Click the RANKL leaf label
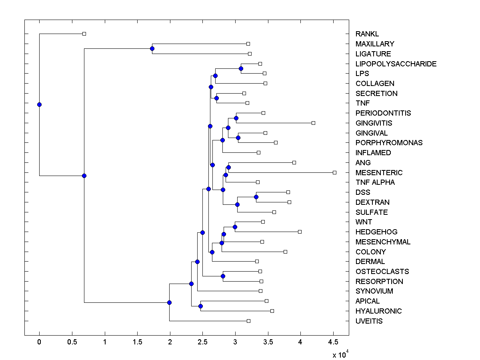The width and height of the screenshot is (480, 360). pyautogui.click(x=367, y=34)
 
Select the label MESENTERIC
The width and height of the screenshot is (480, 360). pyautogui.click(x=379, y=172)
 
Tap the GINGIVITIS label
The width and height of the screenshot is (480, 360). pyautogui.click(x=374, y=123)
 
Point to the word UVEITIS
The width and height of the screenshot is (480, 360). pyautogui.click(x=369, y=321)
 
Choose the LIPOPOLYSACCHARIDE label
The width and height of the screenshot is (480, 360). pyautogui.click(x=396, y=64)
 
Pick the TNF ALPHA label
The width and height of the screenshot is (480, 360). pyautogui.click(x=375, y=182)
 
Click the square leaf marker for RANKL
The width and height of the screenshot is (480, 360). pyautogui.click(x=84, y=34)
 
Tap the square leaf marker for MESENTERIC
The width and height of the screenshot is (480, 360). pyautogui.click(x=334, y=172)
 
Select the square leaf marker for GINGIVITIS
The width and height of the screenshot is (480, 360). pyautogui.click(x=313, y=123)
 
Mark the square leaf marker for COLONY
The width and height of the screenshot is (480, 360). pyautogui.click(x=285, y=252)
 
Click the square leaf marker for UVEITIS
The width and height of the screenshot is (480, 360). pyautogui.click(x=248, y=321)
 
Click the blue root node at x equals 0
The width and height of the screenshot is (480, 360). pyautogui.click(x=39, y=104)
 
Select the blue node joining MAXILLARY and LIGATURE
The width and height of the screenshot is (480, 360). pyautogui.click(x=152, y=48)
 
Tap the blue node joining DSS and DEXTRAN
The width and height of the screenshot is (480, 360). pyautogui.click(x=256, y=197)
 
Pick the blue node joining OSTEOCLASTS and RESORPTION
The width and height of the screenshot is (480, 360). pyautogui.click(x=223, y=276)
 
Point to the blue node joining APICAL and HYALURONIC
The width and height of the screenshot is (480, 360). pyautogui.click(x=200, y=306)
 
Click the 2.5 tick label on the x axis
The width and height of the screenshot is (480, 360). pyautogui.click(x=203, y=342)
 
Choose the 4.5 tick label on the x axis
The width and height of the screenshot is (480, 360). pyautogui.click(x=333, y=342)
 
